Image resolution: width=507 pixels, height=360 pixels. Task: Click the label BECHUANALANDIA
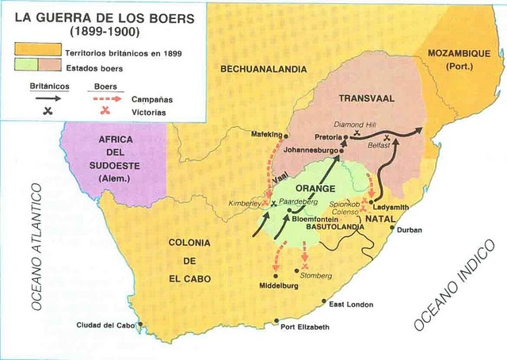point(264,70)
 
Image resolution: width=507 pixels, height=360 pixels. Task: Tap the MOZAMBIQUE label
point(459,57)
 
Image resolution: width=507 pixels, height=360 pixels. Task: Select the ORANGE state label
point(316,189)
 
